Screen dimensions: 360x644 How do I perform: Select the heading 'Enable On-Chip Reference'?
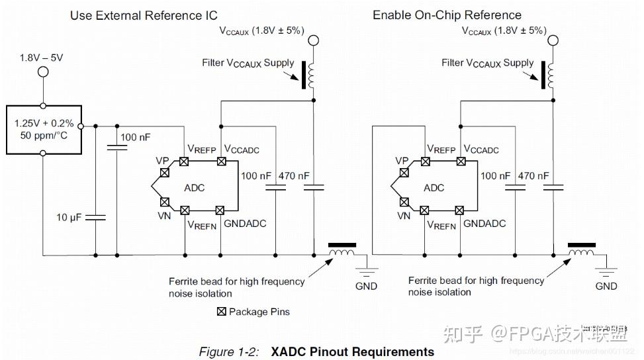[x=447, y=15]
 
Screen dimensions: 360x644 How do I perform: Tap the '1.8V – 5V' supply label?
[x=42, y=58]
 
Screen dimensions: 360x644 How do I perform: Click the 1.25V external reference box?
[x=43, y=130]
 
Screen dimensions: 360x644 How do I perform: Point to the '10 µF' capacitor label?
[x=69, y=218]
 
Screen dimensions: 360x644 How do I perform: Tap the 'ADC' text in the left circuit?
[x=195, y=187]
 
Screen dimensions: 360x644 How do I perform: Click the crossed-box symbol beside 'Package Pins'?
[x=222, y=312]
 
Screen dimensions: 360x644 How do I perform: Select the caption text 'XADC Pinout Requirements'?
[x=352, y=351]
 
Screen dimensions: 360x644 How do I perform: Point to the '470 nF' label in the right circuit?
[x=533, y=176]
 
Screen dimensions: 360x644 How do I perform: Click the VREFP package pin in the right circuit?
[x=424, y=161]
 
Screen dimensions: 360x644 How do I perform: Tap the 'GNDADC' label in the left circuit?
[x=244, y=224]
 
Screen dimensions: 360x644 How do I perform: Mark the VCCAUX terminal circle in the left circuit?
[x=313, y=41]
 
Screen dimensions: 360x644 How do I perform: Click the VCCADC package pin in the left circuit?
[x=222, y=161]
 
